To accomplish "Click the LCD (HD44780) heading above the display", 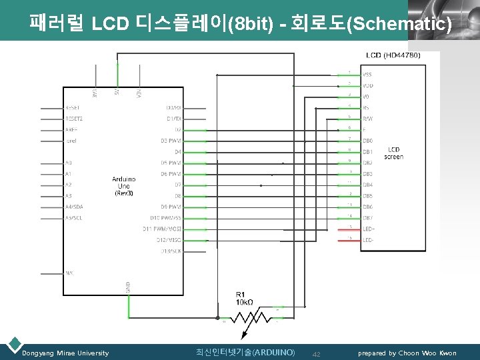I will (393, 55).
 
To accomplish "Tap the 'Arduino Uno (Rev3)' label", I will (124, 186).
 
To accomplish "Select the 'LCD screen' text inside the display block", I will (393, 153).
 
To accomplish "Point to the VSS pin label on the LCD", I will (367, 75).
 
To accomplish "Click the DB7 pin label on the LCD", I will (368, 218).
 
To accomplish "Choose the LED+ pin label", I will (369, 229).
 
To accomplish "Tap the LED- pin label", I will (369, 239).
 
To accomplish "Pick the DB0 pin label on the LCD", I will (368, 141).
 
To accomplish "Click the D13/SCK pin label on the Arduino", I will (171, 251).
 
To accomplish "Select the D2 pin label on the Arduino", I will (177, 129).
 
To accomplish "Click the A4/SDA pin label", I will (74, 207).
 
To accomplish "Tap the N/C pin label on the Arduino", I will (70, 273).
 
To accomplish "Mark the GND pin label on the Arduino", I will (128, 287).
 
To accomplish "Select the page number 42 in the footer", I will (317, 353).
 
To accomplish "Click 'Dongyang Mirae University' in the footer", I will (65, 353).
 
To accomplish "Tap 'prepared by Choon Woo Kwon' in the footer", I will (407, 353).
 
